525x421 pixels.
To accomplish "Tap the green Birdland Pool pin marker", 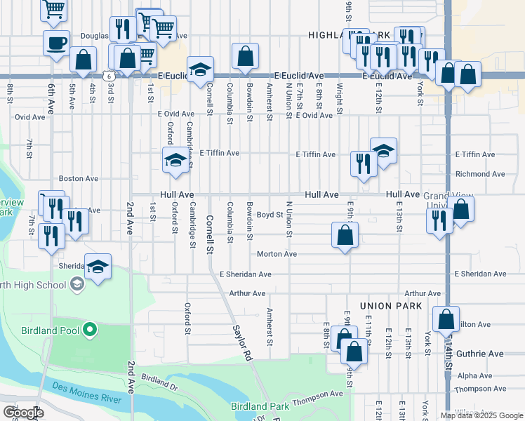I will [89, 329].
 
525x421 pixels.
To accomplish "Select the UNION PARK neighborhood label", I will [390, 306].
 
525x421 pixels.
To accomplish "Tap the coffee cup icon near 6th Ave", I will [56, 42].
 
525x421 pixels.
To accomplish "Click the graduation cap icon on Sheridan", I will [98, 266].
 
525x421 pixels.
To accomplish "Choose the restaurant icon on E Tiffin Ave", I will [362, 164].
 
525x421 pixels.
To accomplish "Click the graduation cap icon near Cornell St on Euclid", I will [200, 69].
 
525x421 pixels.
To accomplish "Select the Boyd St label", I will [269, 214].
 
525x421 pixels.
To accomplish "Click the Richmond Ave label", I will [480, 174].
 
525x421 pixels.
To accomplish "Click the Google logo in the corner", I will [22, 413].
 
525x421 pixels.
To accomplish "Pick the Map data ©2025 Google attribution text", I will [481, 415].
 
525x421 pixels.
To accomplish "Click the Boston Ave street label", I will [78, 179].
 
